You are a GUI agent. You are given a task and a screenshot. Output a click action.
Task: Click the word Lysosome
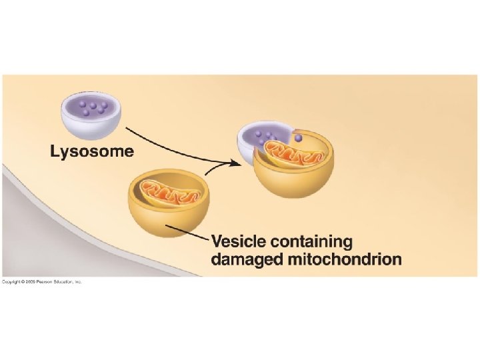click(92, 151)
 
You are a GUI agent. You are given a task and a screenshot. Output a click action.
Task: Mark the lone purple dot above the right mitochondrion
click(298, 139)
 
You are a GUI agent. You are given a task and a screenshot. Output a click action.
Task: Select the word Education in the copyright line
click(63, 282)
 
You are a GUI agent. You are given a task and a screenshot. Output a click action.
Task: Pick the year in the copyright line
click(29, 282)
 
